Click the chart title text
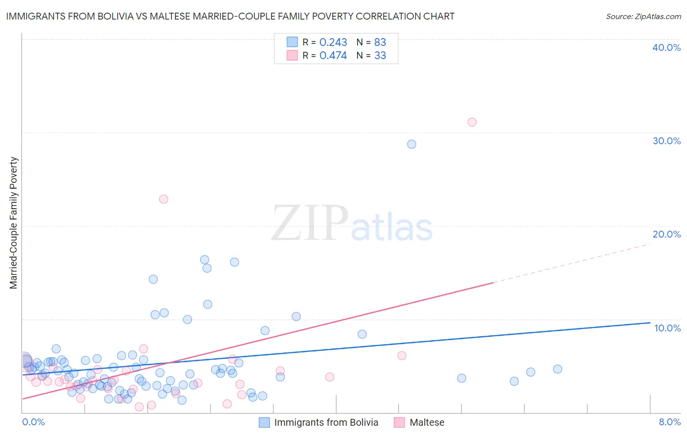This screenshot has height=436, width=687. click(230, 16)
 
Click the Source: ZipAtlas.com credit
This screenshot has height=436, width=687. click(643, 16)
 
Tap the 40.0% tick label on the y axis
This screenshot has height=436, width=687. click(666, 47)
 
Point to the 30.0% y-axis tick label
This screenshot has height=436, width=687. click(666, 141)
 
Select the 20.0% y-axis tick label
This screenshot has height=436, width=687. click(666, 234)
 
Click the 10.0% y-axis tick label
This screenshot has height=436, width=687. click(667, 328)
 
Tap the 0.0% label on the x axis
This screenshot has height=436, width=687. click(34, 422)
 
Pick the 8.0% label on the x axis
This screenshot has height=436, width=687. click(669, 422)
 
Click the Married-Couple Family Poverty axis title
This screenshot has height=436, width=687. click(14, 223)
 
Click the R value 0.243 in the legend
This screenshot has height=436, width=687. click(333, 43)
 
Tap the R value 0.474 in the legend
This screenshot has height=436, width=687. click(333, 56)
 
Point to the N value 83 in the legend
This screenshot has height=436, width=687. click(380, 43)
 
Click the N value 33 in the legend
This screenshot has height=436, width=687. click(380, 56)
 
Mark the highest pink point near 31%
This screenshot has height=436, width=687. click(472, 122)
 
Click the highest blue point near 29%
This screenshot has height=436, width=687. click(412, 144)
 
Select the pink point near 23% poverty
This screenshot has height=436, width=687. click(164, 199)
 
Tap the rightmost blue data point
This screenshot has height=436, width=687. click(558, 369)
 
